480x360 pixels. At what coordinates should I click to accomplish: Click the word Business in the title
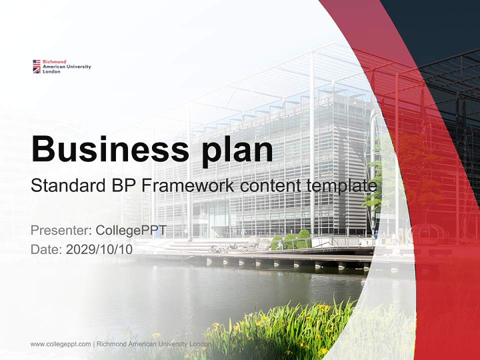(x=110, y=149)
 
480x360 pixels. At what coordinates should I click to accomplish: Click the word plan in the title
(x=237, y=151)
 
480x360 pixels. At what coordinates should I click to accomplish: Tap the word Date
(x=46, y=249)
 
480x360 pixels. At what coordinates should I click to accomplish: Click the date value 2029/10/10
(x=99, y=249)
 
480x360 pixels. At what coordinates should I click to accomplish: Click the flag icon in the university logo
(x=36, y=66)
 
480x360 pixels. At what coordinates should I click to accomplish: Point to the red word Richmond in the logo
(x=54, y=61)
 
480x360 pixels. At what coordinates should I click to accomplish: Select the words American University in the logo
(x=66, y=66)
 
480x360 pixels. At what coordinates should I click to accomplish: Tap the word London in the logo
(x=51, y=71)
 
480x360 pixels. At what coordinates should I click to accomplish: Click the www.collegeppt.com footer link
(x=60, y=344)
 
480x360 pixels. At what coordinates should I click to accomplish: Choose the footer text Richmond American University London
(x=153, y=344)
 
